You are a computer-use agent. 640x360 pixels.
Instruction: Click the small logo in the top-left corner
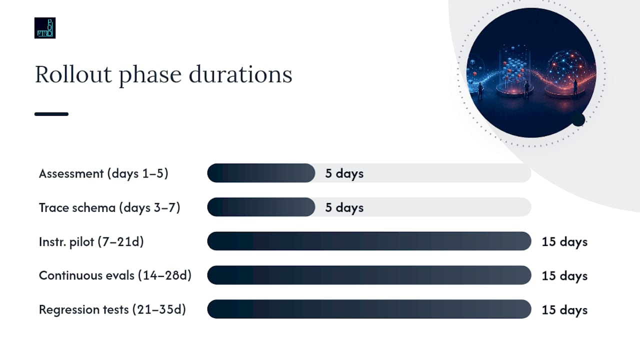(45, 28)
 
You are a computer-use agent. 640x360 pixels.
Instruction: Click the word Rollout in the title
(73, 74)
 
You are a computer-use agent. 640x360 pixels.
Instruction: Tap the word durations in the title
(240, 74)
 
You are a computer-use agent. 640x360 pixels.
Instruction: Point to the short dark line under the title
(51, 114)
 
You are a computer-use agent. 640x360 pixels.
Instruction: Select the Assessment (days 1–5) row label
(103, 173)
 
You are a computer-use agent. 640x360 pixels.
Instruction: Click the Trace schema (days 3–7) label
(109, 207)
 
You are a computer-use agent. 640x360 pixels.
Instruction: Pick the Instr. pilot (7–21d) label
(91, 241)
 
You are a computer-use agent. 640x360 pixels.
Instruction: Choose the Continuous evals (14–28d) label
(115, 275)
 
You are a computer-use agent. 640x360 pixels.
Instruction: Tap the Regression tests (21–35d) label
(112, 309)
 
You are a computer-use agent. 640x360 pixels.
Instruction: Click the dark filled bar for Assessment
(261, 173)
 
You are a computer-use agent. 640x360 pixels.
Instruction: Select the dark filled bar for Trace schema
(261, 207)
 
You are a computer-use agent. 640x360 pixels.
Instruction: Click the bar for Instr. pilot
(369, 241)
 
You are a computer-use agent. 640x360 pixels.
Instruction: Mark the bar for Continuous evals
(369, 275)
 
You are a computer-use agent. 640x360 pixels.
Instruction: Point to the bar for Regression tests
(369, 309)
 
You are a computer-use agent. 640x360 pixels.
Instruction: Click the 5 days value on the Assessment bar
(344, 173)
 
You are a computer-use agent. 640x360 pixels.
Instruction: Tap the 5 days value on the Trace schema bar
(344, 207)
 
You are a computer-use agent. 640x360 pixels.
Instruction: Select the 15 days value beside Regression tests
(564, 310)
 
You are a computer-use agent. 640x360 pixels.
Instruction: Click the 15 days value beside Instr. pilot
(564, 242)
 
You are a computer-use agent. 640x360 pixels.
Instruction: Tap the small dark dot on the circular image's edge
(578, 119)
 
